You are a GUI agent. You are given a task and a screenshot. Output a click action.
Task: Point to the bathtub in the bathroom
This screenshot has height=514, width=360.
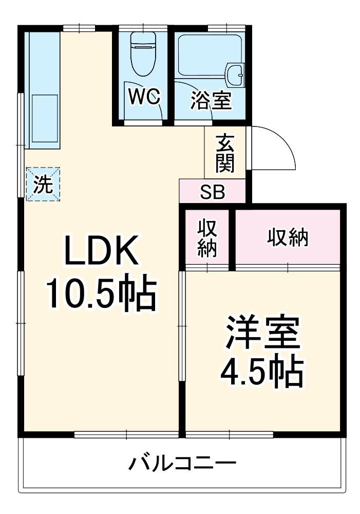coord(205,54)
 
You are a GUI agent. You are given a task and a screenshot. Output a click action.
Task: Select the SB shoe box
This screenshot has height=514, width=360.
coord(213,192)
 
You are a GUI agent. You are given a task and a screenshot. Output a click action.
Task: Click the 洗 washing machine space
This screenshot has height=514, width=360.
coord(43,184)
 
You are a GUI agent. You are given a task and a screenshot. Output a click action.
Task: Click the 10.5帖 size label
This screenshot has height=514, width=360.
coord(101,293)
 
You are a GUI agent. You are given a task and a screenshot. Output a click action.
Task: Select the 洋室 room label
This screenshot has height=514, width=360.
coord(262,334)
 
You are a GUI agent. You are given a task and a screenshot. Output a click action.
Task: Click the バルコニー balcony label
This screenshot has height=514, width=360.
coord(182,464)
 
